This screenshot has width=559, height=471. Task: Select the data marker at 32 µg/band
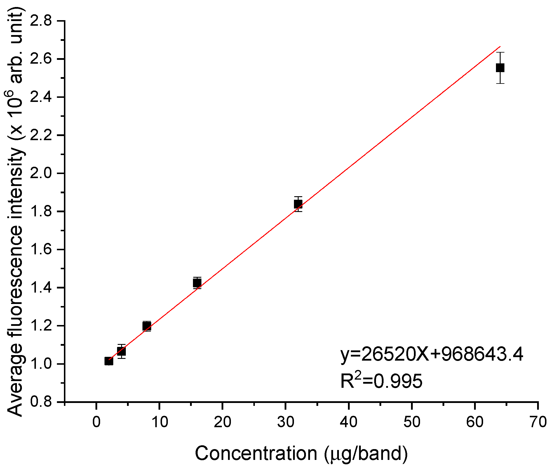click(298, 204)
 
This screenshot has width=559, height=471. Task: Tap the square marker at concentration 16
click(197, 283)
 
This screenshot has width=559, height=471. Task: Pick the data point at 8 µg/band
click(147, 326)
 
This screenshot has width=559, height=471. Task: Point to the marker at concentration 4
click(121, 351)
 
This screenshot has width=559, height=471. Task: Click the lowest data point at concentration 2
click(109, 361)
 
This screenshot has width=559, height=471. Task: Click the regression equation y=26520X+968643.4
click(432, 355)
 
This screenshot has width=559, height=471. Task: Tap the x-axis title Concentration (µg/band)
click(301, 453)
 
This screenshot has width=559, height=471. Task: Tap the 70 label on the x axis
click(538, 422)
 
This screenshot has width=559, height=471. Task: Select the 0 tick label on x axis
click(96, 422)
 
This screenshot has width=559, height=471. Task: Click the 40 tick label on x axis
click(349, 422)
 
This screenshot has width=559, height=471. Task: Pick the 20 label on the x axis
click(222, 422)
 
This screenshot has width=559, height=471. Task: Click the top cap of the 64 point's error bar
click(500, 53)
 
